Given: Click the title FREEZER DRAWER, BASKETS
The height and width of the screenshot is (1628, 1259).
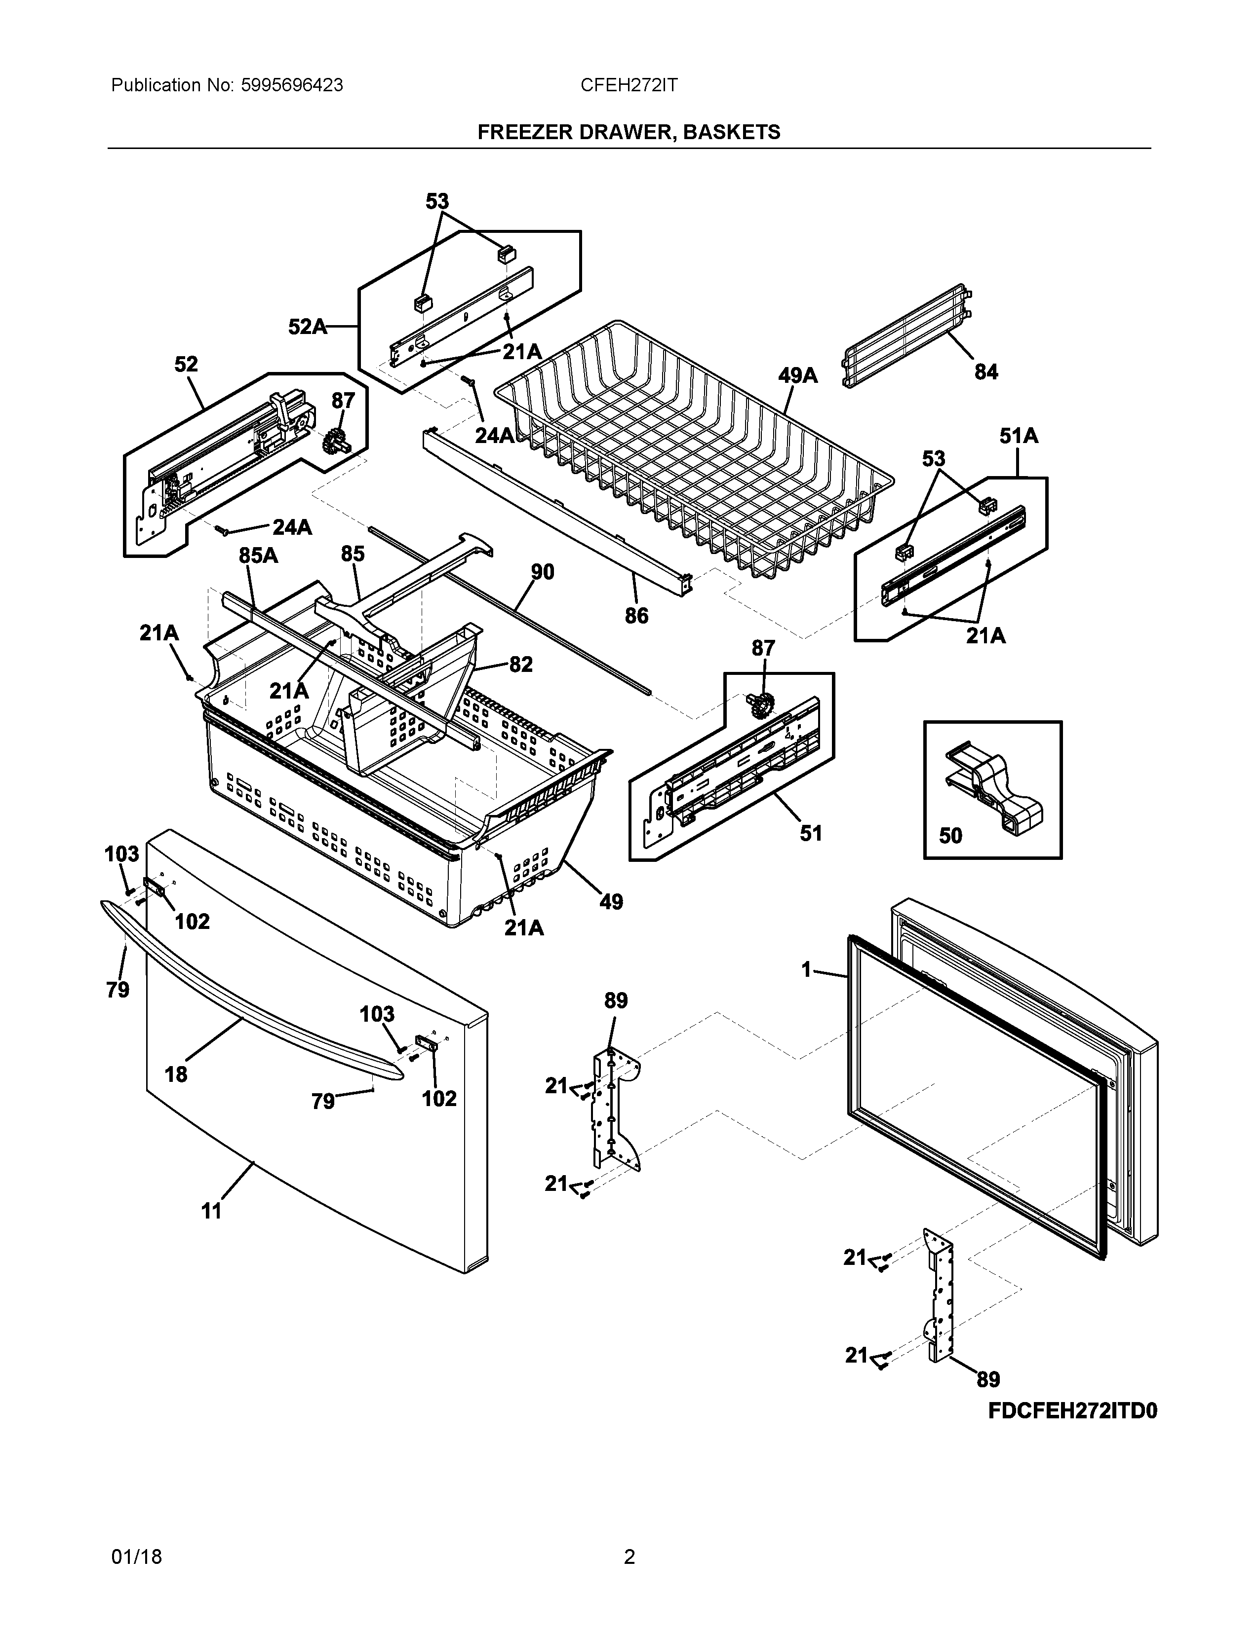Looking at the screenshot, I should pos(629,132).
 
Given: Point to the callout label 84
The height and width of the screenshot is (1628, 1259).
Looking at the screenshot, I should pos(986,372).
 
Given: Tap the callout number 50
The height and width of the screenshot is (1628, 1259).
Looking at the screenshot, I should pos(950,836).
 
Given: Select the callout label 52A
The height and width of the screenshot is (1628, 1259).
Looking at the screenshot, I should pos(307,327).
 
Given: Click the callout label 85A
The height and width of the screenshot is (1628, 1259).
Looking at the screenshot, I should pos(258,555).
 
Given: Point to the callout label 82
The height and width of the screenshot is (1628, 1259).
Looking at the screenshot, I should pos(520,664).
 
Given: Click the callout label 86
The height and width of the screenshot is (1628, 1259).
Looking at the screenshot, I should pos(636,616).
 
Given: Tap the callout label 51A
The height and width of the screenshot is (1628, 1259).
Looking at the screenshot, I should pos(1019,436).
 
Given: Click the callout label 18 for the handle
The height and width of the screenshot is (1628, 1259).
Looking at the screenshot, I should pos(176,1074).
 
